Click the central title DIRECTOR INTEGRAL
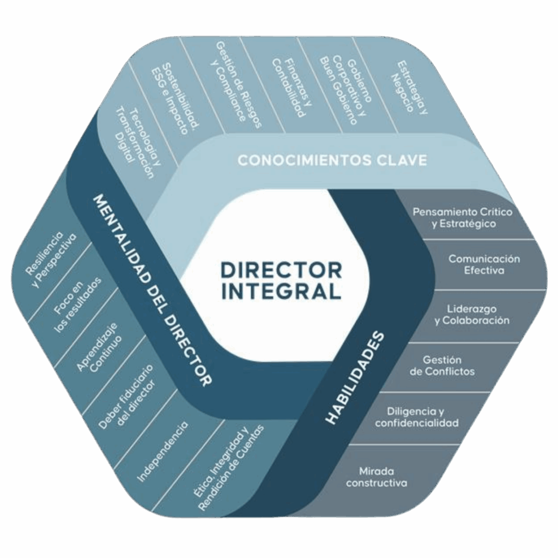coord(281,280)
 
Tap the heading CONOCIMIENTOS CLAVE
coord(332,160)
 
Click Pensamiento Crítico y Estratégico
coord(462,217)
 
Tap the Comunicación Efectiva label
coord(484,264)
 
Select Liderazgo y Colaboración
coord(472,315)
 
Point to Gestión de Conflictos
coord(442,366)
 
